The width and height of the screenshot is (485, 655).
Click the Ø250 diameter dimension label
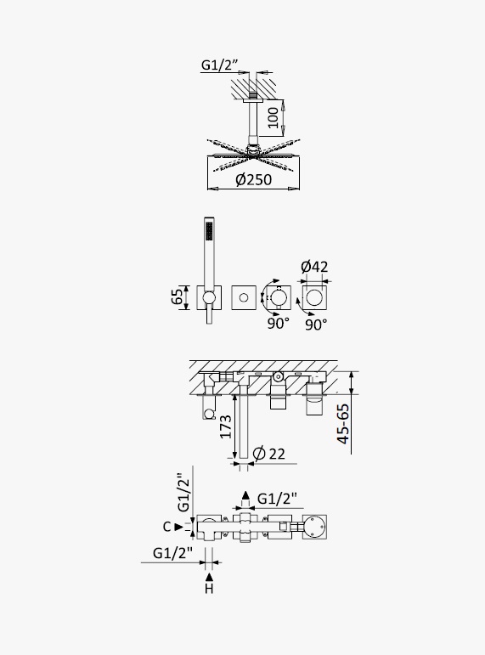coord(254,179)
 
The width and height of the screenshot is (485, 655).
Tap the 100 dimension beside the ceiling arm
coord(273,117)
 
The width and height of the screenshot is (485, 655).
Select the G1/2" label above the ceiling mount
coord(220,65)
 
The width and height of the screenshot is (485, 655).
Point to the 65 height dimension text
coord(178,296)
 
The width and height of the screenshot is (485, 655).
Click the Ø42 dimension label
coord(314,267)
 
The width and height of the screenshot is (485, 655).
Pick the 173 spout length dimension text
coord(226,426)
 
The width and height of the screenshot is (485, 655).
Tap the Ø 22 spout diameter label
coord(269,454)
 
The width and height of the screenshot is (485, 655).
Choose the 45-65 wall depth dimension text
coord(343,424)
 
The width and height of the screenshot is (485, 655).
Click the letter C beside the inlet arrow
coord(166,527)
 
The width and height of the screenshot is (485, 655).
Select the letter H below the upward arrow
coord(209,589)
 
